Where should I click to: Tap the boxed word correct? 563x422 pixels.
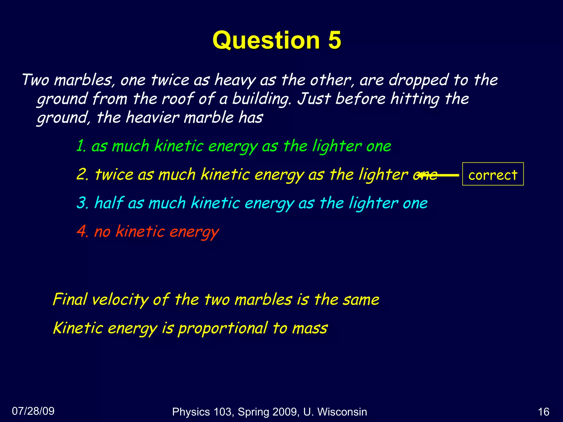point(493,175)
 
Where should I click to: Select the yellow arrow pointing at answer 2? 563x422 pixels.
point(438,175)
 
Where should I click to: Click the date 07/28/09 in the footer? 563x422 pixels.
point(33,411)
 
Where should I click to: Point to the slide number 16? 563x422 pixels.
point(543,412)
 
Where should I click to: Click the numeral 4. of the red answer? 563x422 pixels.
point(82,231)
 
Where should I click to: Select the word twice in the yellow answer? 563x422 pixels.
point(114,174)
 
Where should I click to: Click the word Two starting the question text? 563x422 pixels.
point(35,80)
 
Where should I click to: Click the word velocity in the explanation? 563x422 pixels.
point(120,299)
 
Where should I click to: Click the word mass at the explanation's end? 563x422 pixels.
point(310,329)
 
